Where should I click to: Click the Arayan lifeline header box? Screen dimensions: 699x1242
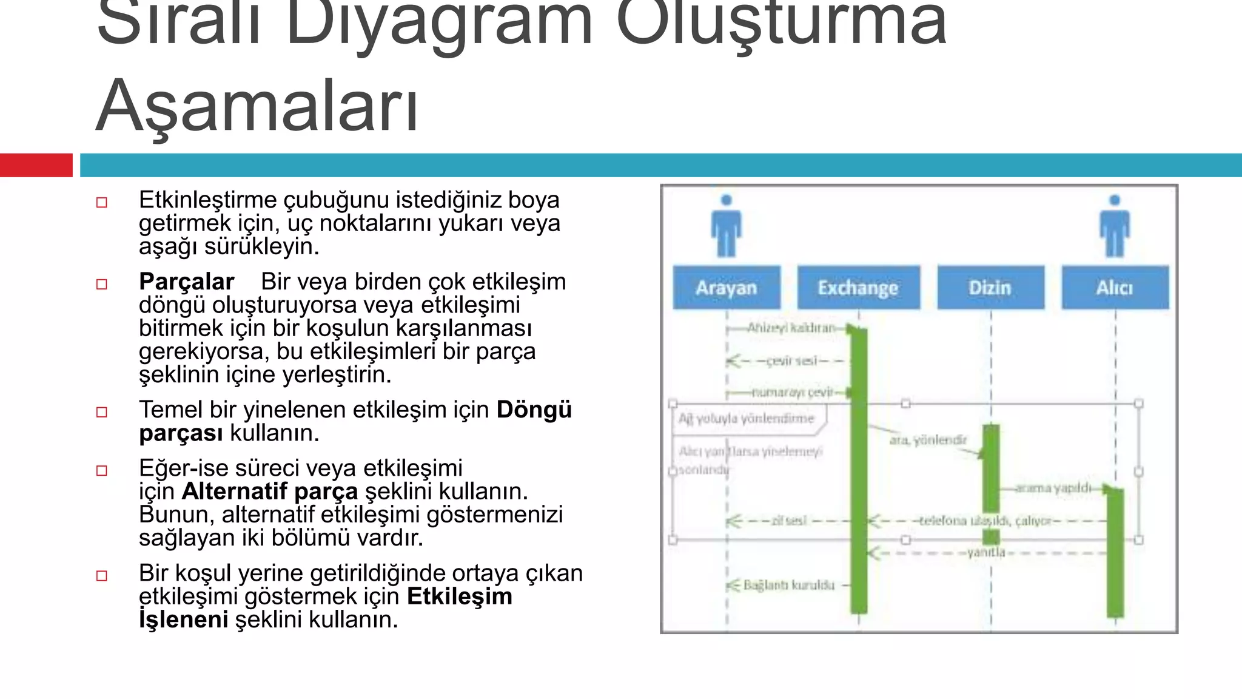(727, 288)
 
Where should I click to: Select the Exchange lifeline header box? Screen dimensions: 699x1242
(858, 288)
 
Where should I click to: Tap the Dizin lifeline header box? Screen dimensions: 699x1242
(990, 288)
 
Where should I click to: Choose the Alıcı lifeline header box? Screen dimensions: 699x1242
(1115, 288)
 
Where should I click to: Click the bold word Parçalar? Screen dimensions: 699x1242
(186, 282)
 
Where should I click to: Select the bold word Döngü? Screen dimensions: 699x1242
(534, 410)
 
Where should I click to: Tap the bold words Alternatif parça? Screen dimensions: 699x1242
(269, 491)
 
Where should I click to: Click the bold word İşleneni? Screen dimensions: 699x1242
(183, 620)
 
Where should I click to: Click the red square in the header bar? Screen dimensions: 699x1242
(36, 165)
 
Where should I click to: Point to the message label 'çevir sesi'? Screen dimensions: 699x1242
(791, 361)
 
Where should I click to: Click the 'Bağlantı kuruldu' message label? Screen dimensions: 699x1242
(789, 585)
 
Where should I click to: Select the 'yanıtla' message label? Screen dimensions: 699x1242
(985, 552)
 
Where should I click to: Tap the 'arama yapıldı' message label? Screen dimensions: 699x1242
(1053, 488)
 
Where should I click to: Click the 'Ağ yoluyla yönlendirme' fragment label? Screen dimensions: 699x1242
(746, 419)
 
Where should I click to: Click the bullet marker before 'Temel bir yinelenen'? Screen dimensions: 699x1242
(102, 413)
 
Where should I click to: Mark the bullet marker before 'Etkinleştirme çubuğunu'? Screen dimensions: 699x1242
(102, 203)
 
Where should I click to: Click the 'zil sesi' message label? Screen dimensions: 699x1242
(788, 521)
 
